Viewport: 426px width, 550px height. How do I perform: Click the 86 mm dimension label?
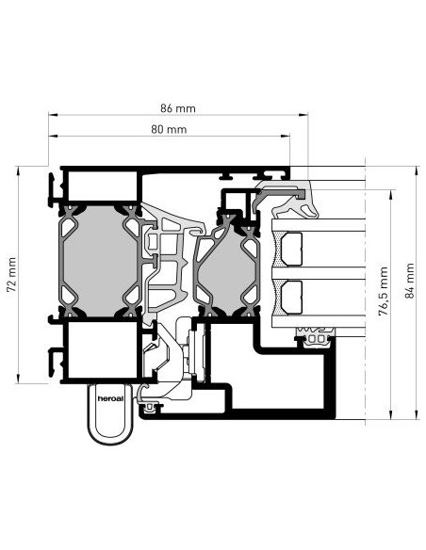click(x=177, y=108)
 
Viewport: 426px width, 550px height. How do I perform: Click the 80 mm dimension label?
click(x=169, y=129)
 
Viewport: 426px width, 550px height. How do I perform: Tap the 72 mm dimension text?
click(x=11, y=275)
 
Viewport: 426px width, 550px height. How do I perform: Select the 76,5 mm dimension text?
click(x=384, y=291)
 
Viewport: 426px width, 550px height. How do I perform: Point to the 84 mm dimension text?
click(x=410, y=281)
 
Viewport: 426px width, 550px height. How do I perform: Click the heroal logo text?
click(x=110, y=398)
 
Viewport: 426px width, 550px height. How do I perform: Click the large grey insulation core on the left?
click(x=100, y=260)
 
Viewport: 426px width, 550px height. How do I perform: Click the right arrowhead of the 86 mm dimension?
click(x=303, y=114)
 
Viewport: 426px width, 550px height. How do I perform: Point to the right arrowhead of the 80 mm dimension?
click(x=286, y=136)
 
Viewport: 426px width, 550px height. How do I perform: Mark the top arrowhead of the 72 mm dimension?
click(x=18, y=171)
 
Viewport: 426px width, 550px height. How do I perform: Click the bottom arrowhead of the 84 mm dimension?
click(x=417, y=414)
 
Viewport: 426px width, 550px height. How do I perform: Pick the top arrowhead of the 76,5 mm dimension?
click(x=391, y=195)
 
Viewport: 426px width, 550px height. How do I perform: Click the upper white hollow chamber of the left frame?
click(x=102, y=186)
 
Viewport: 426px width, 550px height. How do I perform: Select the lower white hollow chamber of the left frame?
click(x=102, y=350)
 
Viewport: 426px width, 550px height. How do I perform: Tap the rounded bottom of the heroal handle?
click(x=110, y=438)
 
